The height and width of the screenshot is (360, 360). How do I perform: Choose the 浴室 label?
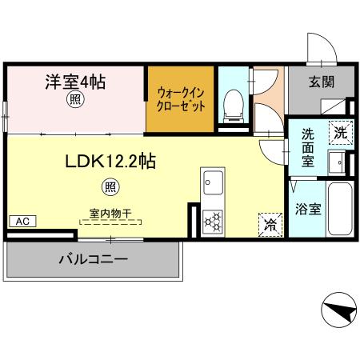coord(308,209)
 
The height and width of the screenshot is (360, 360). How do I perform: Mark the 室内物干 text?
coord(110,213)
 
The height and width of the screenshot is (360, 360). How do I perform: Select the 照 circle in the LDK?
coord(110,187)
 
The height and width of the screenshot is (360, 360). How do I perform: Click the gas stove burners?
coord(213,220)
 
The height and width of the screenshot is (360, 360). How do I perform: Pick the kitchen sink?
coord(213,182)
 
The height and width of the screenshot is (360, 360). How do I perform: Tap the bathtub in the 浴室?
coord(339,210)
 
